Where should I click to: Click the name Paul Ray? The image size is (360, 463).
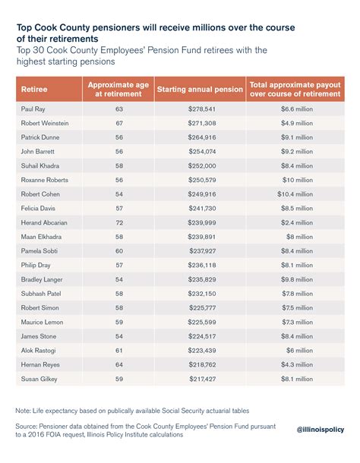(x=35, y=110)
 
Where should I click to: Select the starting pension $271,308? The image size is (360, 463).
(x=201, y=124)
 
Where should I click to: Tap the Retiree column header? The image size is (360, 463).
(x=33, y=89)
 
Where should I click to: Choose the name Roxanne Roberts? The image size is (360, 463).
(x=45, y=180)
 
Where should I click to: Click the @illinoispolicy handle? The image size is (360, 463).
(x=320, y=430)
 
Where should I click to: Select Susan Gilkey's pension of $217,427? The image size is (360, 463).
(x=201, y=378)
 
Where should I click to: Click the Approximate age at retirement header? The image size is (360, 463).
(x=117, y=89)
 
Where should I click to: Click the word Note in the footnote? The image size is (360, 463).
(x=24, y=410)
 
